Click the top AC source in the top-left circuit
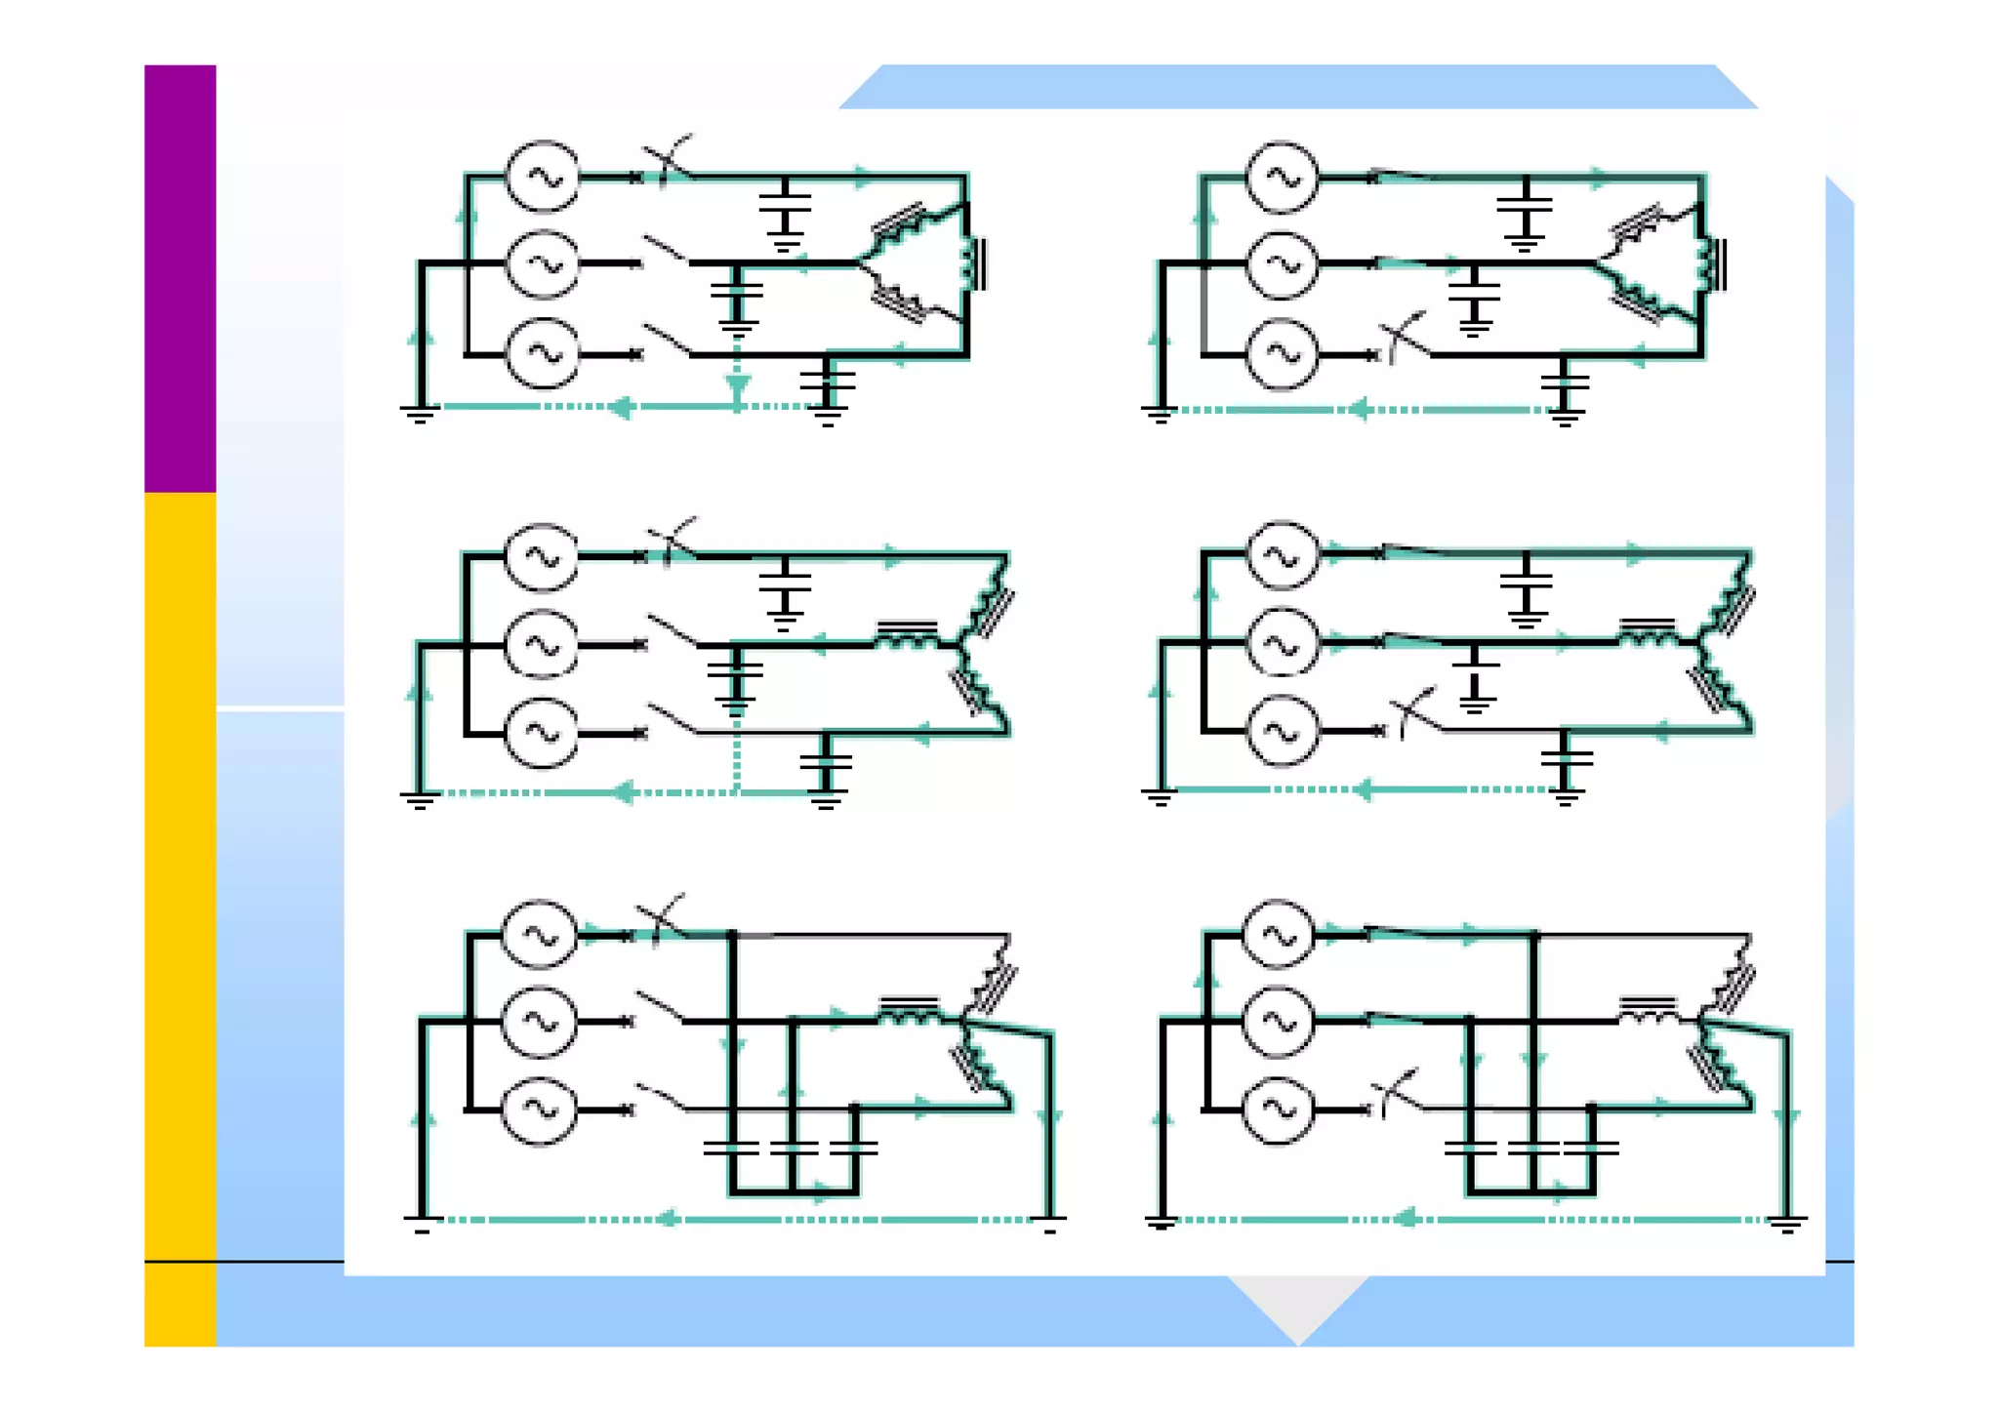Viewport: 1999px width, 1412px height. [x=542, y=177]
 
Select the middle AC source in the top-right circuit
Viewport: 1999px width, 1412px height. [x=1282, y=264]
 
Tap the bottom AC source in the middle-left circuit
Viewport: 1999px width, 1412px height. [x=541, y=733]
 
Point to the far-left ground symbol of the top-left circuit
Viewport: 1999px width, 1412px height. [x=419, y=414]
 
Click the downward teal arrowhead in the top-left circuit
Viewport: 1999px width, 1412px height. [x=738, y=388]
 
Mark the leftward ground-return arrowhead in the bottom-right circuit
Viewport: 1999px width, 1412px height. [x=1404, y=1219]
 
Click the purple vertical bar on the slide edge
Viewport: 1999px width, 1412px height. [x=180, y=278]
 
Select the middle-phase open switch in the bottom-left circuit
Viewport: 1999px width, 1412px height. [x=661, y=1008]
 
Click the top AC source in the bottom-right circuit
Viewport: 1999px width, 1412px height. [x=1278, y=935]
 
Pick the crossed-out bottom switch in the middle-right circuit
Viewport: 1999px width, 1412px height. [x=1414, y=712]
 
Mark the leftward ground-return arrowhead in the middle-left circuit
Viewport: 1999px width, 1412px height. [x=623, y=792]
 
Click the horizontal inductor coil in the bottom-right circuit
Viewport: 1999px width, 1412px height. [x=1648, y=1011]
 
